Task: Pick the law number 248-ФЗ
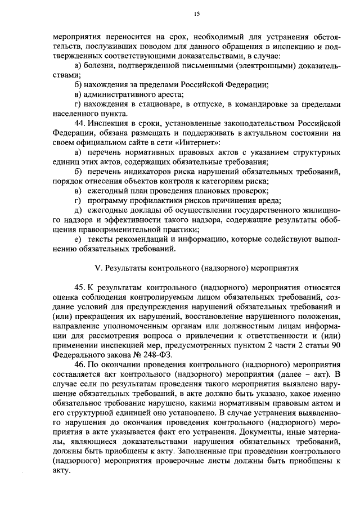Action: coord(163,355)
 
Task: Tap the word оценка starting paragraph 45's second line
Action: coord(64,295)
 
